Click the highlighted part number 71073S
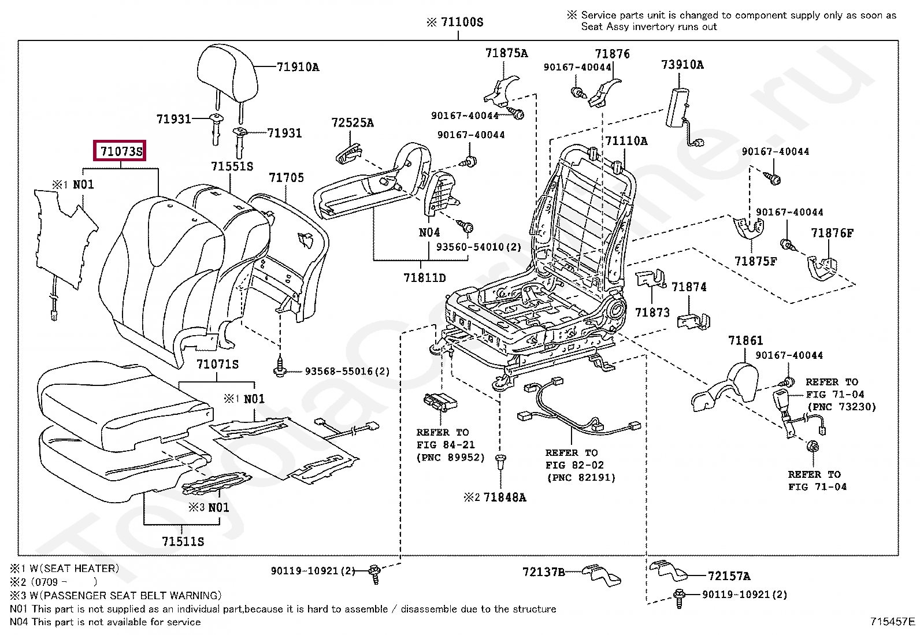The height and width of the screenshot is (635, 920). point(121,151)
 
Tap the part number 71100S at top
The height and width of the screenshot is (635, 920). point(461,22)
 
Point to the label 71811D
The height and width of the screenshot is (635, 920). point(424,278)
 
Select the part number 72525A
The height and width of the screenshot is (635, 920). point(352,122)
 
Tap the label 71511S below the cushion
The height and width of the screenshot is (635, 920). point(183,541)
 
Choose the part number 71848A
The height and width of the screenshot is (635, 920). point(504,497)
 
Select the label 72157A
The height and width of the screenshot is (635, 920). point(729,575)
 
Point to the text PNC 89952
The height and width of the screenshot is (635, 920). point(451,458)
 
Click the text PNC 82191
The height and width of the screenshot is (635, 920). point(581,478)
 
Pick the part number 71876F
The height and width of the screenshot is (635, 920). point(832,233)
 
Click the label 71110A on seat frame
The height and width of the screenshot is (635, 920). point(626,141)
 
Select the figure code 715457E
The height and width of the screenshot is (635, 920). point(892,622)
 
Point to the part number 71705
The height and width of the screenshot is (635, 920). point(286,177)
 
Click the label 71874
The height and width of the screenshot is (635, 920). point(688,287)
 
